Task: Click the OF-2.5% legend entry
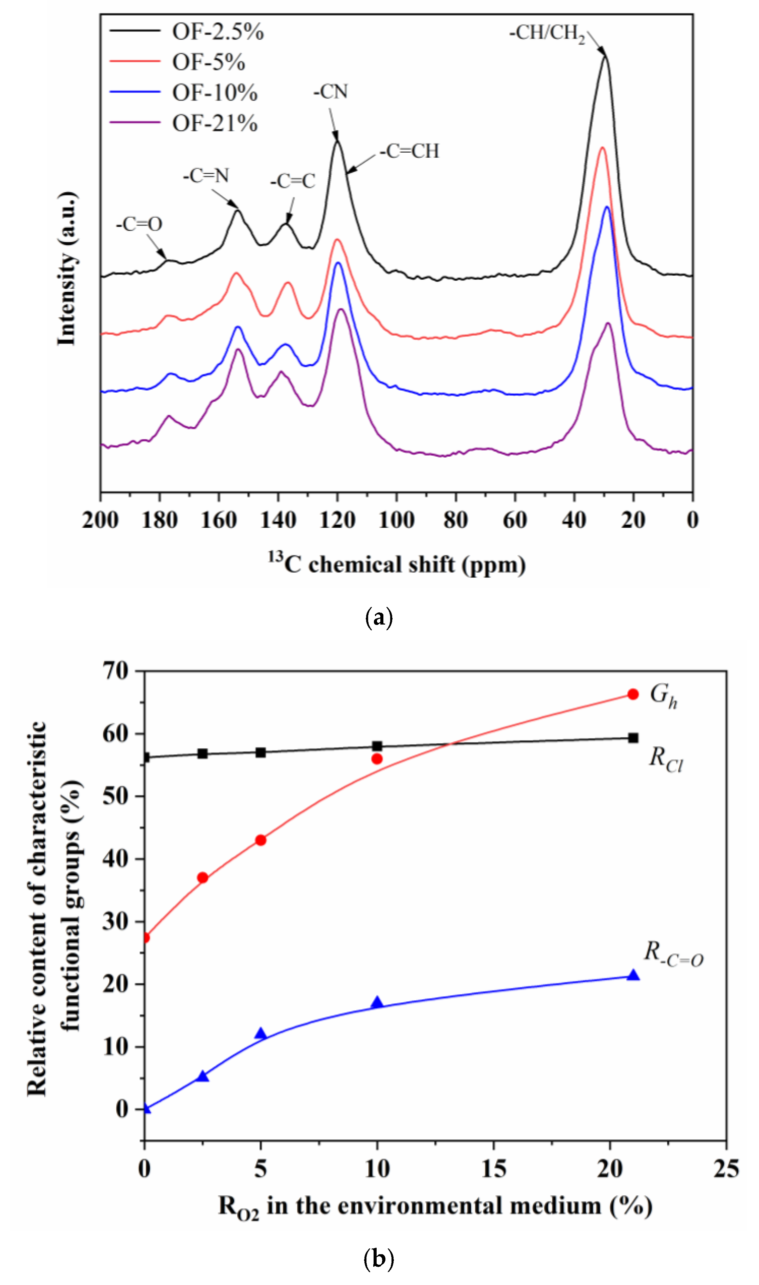pyautogui.click(x=217, y=32)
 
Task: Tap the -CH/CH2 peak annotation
pyautogui.click(x=547, y=34)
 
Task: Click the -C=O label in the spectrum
pyautogui.click(x=139, y=224)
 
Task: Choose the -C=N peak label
pyautogui.click(x=206, y=176)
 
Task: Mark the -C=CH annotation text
pyautogui.click(x=409, y=151)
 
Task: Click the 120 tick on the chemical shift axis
pyautogui.click(x=337, y=520)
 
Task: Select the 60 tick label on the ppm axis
pyautogui.click(x=515, y=520)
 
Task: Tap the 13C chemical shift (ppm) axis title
pyautogui.click(x=396, y=565)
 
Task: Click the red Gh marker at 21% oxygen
pyautogui.click(x=633, y=694)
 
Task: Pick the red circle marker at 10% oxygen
pyautogui.click(x=377, y=759)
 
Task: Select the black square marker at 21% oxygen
pyautogui.click(x=633, y=738)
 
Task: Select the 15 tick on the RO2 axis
pyautogui.click(x=494, y=1169)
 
